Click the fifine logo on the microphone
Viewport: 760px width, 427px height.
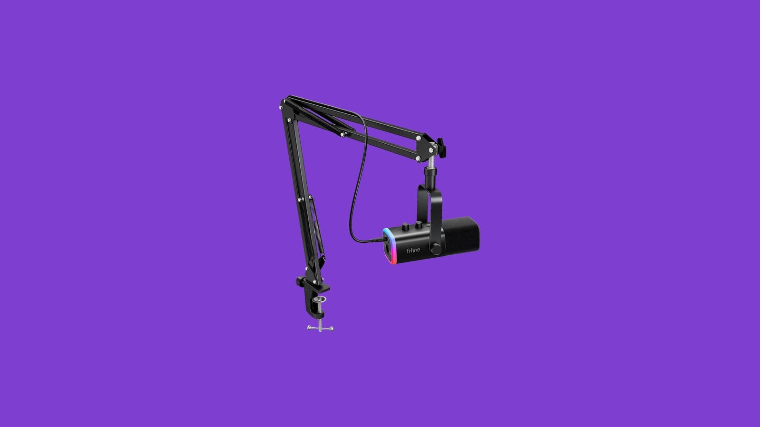pos(413,250)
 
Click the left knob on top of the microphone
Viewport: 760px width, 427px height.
pos(406,226)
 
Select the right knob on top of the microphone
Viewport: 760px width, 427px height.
pos(418,224)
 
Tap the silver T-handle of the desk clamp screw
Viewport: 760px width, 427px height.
pos(320,328)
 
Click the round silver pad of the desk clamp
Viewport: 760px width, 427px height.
pos(321,299)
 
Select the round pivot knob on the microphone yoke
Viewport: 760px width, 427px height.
pos(436,249)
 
